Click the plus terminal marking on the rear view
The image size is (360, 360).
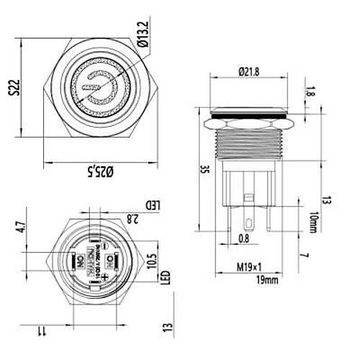click(x=106, y=275)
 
